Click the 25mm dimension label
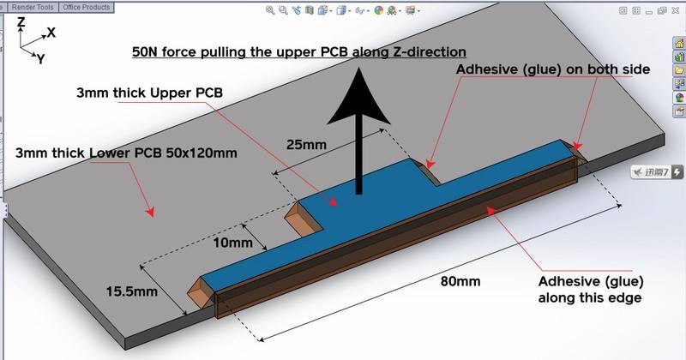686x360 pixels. tap(306, 144)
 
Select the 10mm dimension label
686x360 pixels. tap(232, 243)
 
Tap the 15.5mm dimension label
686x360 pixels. tap(132, 291)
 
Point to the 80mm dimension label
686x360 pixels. tap(460, 281)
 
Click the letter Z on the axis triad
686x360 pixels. tap(21, 22)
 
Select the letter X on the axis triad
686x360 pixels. tap(51, 33)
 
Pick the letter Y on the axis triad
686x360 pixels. tap(40, 58)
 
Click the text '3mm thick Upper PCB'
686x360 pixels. tap(149, 93)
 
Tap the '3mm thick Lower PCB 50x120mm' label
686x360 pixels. tap(126, 153)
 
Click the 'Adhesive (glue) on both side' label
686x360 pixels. tap(553, 69)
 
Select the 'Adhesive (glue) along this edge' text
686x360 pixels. tap(591, 290)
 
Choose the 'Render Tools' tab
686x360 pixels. tap(33, 7)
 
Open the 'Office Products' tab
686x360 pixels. tap(87, 7)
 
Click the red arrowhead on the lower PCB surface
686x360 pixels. tap(150, 213)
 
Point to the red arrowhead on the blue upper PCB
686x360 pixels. tap(333, 201)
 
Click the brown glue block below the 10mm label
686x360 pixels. tap(304, 217)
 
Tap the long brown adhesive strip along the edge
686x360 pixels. tap(397, 238)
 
